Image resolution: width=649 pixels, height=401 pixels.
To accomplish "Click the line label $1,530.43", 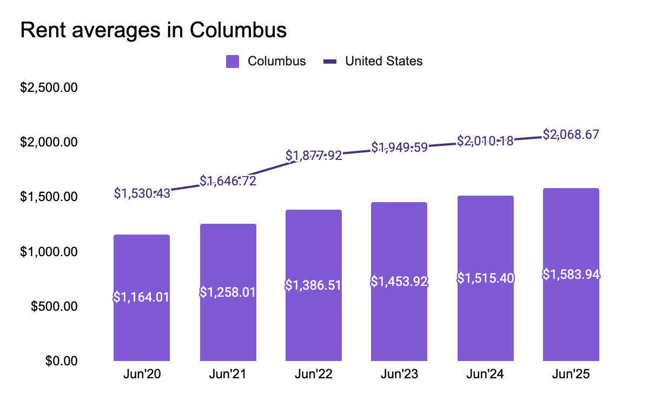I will click(x=142, y=193).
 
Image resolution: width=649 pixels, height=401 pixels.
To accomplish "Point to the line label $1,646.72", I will click(x=228, y=181).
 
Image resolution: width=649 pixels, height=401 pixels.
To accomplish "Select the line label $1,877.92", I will click(x=314, y=156).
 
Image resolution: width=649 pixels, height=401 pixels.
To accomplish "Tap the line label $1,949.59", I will click(x=399, y=147).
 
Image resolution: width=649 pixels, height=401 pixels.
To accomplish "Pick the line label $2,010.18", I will click(x=485, y=141).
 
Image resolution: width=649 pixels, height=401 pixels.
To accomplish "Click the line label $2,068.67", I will click(x=571, y=135).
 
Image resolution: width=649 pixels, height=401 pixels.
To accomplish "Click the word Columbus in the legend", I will click(x=276, y=61).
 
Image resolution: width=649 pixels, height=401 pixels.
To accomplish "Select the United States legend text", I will click(x=384, y=61).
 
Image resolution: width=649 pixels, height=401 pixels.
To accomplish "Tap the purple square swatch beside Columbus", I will click(x=233, y=62).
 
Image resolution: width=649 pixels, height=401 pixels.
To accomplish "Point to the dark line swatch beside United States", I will click(x=330, y=62).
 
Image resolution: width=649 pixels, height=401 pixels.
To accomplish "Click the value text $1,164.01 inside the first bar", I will click(x=142, y=297).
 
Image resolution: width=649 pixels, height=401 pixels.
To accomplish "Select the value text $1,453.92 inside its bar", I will click(x=399, y=282).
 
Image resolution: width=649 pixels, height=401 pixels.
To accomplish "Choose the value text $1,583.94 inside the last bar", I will click(x=571, y=275).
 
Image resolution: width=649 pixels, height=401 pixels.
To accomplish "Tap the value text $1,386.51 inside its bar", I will click(x=314, y=285).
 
